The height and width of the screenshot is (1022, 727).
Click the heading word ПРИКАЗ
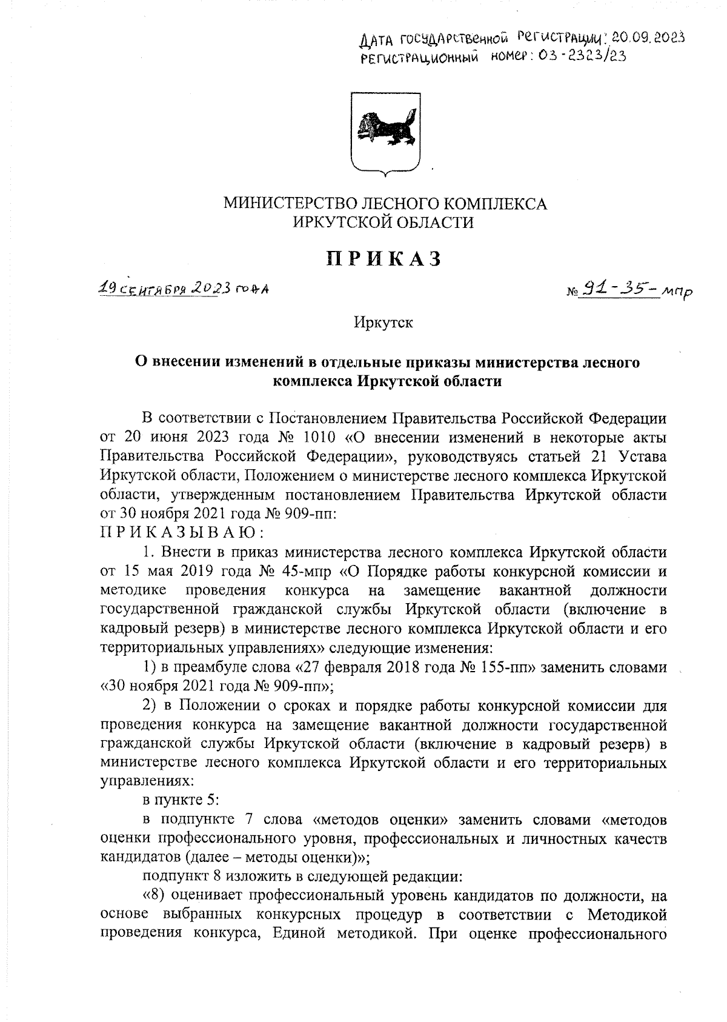[385, 259]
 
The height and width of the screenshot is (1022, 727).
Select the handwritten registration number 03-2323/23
[577, 56]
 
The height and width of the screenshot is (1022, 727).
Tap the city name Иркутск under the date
[384, 322]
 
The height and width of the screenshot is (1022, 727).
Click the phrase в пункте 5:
[179, 800]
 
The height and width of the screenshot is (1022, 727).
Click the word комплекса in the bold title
[312, 382]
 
